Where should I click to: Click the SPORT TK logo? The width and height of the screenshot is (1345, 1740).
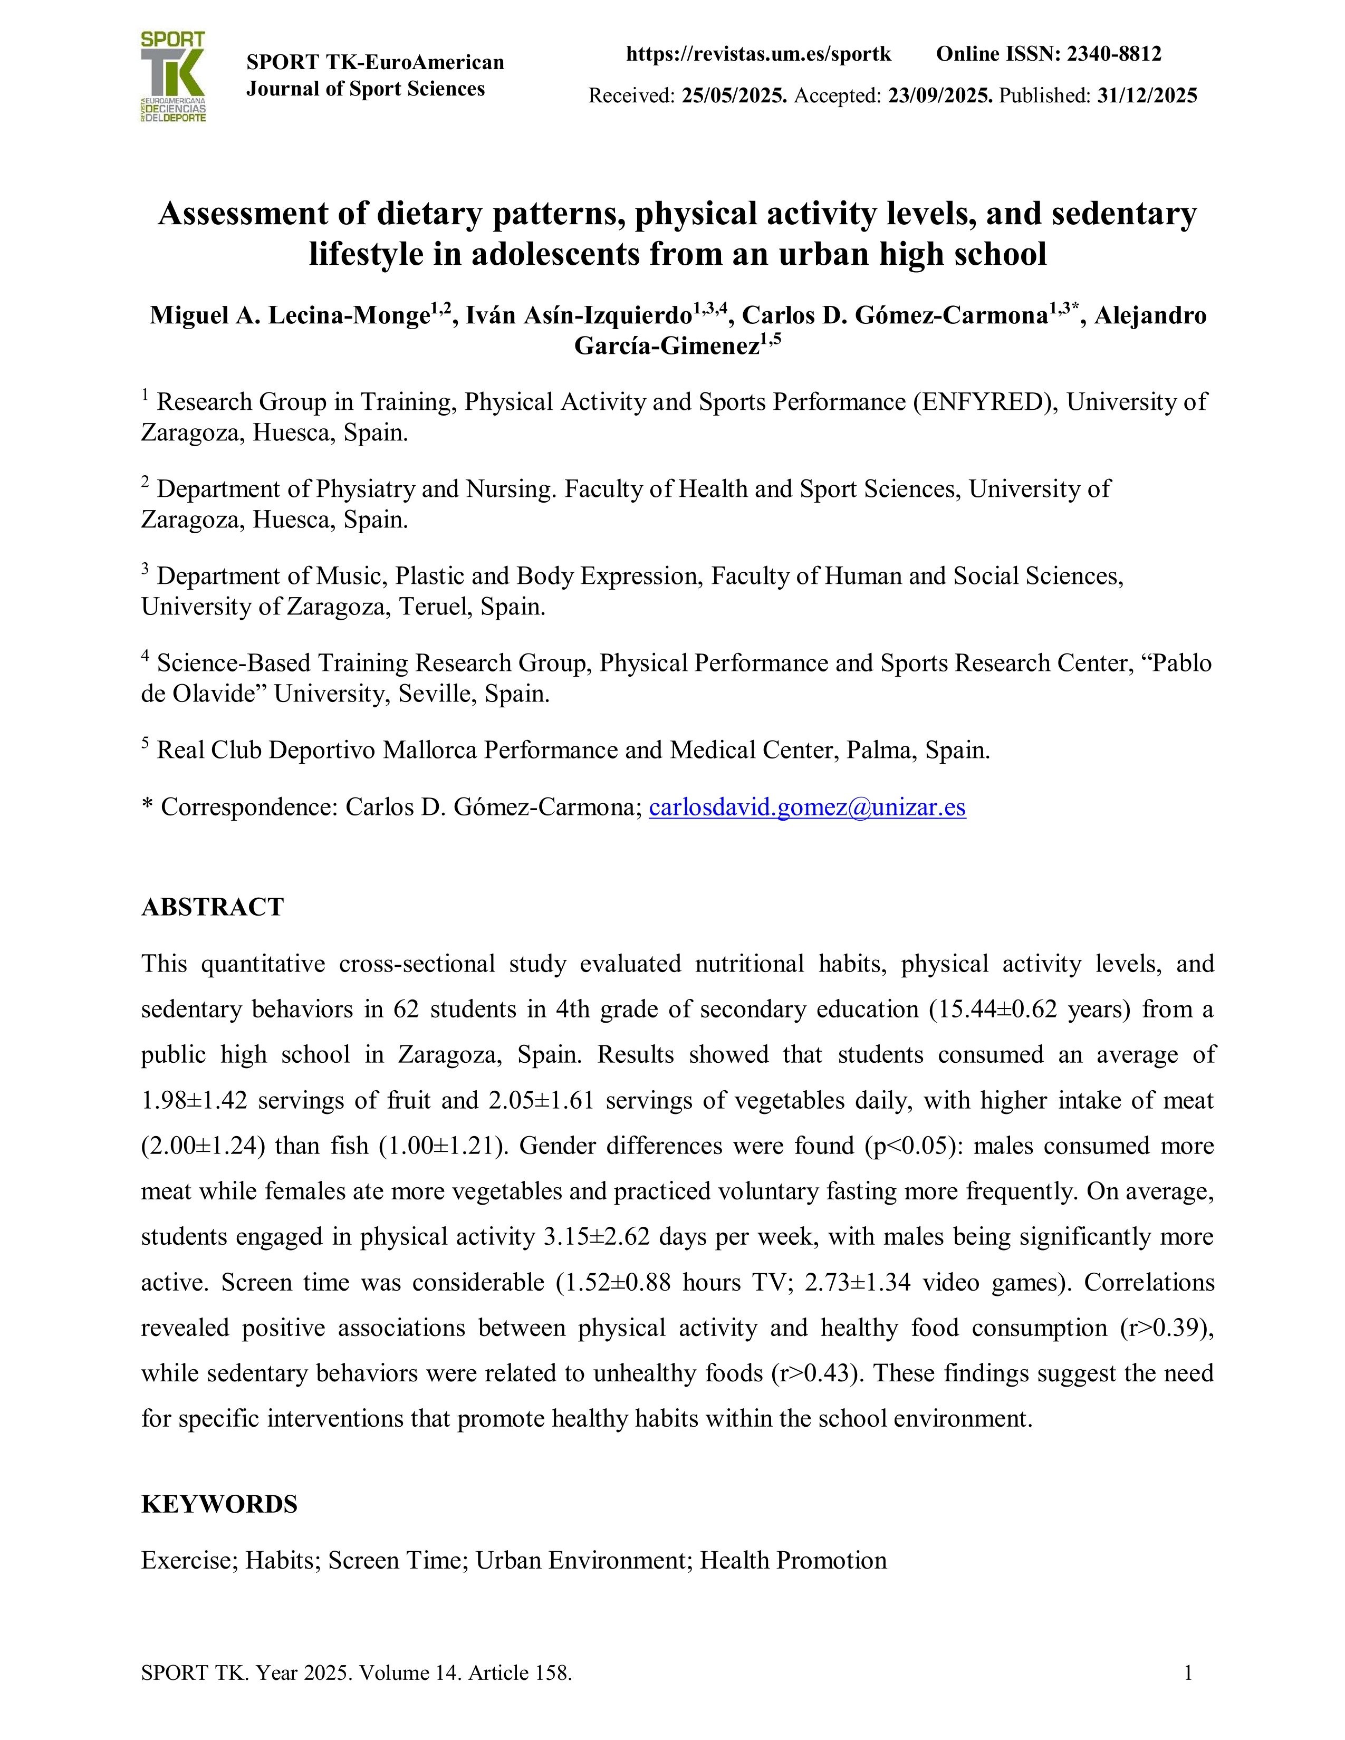click(173, 76)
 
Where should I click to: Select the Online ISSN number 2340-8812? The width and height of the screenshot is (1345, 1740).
click(1114, 54)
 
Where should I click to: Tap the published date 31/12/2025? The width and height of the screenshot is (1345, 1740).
click(1147, 95)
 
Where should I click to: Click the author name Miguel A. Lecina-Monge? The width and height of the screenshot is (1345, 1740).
click(290, 315)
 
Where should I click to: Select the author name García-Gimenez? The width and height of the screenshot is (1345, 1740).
click(666, 347)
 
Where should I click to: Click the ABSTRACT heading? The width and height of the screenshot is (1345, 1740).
click(212, 907)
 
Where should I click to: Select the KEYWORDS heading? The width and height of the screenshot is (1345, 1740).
click(219, 1504)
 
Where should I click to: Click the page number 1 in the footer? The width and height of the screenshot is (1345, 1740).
click(1188, 1673)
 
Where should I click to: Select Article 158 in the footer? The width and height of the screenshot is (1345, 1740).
click(520, 1673)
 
